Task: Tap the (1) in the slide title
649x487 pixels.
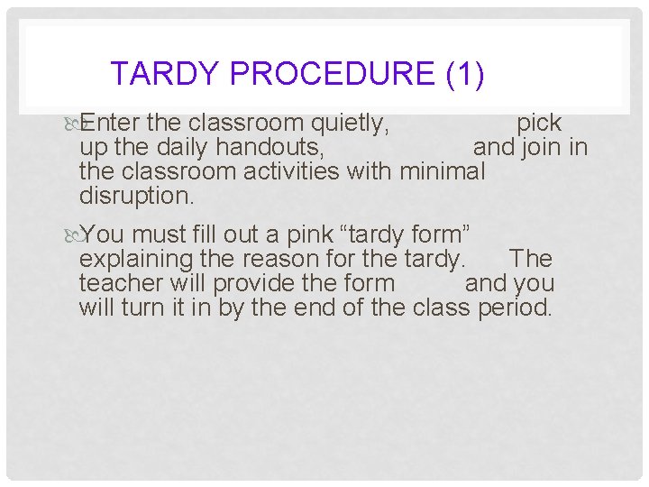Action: point(465,73)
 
